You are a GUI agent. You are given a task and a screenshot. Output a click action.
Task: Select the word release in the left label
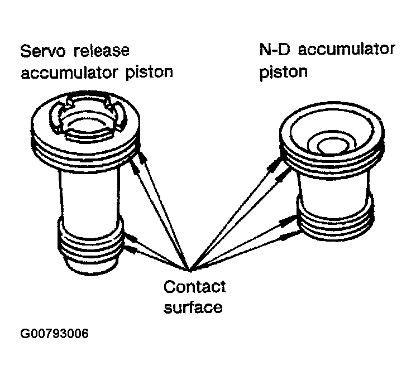102,51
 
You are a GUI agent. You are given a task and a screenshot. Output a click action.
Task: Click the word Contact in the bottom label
194,287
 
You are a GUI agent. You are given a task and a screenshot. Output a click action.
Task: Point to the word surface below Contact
193,306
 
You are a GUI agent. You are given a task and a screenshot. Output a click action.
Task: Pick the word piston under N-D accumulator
283,72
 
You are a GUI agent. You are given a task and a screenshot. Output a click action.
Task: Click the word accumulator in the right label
347,49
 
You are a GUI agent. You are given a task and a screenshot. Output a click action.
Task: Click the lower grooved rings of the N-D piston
335,220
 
